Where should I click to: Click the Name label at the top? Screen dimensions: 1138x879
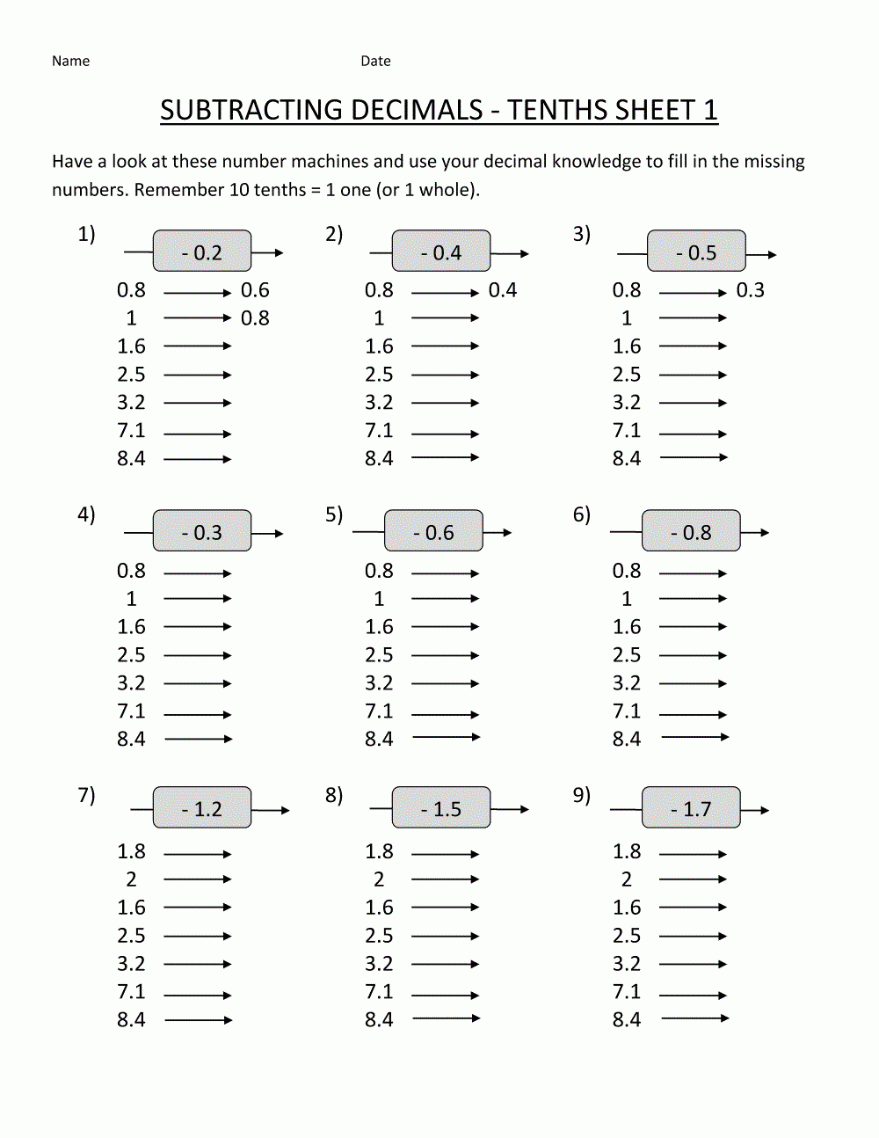pyautogui.click(x=70, y=61)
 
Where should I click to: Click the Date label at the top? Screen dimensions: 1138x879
pyautogui.click(x=375, y=61)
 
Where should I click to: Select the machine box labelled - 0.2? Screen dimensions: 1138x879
pyautogui.click(x=202, y=252)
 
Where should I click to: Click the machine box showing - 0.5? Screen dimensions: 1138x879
pyautogui.click(x=696, y=252)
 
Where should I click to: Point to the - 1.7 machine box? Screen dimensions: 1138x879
pyautogui.click(x=691, y=808)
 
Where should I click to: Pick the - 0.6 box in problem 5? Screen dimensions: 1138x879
pyautogui.click(x=433, y=531)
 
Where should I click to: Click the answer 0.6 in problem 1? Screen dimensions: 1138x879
pyautogui.click(x=255, y=290)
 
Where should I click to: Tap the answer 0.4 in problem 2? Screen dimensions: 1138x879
pyautogui.click(x=503, y=290)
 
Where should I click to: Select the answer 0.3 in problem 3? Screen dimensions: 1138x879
pyautogui.click(x=750, y=290)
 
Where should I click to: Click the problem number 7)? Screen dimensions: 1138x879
pyautogui.click(x=86, y=795)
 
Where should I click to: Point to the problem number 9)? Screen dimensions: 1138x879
pyautogui.click(x=582, y=795)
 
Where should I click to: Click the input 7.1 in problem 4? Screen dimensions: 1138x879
pyautogui.click(x=131, y=711)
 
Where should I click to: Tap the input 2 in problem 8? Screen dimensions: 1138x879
pyautogui.click(x=379, y=879)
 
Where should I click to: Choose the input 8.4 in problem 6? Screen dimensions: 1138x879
pyautogui.click(x=627, y=740)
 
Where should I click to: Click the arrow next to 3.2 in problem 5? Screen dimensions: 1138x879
pyautogui.click(x=445, y=683)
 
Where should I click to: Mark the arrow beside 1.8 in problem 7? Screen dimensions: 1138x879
pyautogui.click(x=197, y=854)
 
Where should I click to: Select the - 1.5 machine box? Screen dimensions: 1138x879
pyautogui.click(x=441, y=808)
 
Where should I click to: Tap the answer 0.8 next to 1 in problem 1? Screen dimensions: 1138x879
pyautogui.click(x=255, y=318)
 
